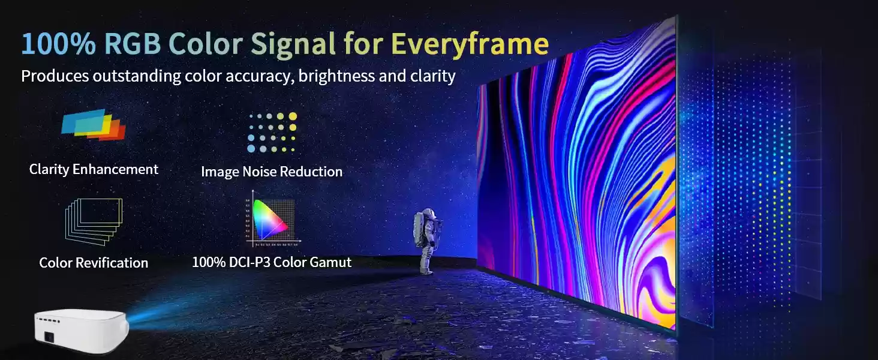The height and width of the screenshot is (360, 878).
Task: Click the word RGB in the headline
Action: (133, 43)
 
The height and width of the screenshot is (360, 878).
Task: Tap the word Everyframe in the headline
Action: (470, 44)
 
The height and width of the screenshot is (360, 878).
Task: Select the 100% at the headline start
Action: (58, 43)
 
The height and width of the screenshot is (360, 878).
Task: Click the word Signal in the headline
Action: (293, 44)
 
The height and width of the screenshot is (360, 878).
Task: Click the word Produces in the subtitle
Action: (55, 76)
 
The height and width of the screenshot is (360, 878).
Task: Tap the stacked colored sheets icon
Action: (94, 124)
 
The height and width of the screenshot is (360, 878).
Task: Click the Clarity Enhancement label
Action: (94, 169)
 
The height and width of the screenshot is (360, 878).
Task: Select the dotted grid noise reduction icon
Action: (272, 132)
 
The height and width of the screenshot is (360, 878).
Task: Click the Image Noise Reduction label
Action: (272, 172)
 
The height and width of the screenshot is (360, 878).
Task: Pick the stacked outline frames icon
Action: (94, 221)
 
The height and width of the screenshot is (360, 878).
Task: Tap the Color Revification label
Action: (94, 263)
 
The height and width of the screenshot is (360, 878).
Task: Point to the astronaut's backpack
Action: (419, 229)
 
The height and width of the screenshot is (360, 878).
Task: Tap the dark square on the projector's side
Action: (49, 337)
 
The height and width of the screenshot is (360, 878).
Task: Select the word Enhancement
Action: (115, 169)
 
